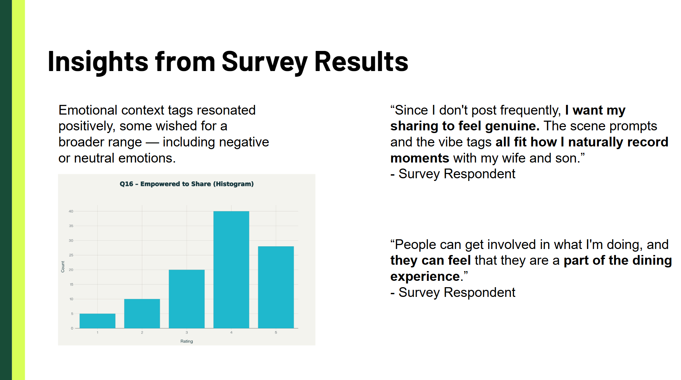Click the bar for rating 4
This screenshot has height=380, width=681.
(x=231, y=269)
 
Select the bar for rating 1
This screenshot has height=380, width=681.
(x=97, y=321)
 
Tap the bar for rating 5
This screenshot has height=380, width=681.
(x=276, y=287)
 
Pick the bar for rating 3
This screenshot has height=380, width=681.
(x=187, y=299)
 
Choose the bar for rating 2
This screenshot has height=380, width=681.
(x=142, y=313)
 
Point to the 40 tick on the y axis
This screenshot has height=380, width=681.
(x=71, y=211)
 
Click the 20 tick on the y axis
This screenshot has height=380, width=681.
(x=71, y=270)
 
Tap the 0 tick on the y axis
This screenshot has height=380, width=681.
(x=72, y=328)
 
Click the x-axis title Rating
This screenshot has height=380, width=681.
(x=187, y=341)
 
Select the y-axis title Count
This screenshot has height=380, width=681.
(x=63, y=267)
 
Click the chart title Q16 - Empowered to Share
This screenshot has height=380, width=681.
(x=187, y=184)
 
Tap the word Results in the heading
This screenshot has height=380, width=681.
(x=361, y=62)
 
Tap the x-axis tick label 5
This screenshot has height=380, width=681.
(x=276, y=332)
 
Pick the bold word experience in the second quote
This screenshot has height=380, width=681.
(x=425, y=276)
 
